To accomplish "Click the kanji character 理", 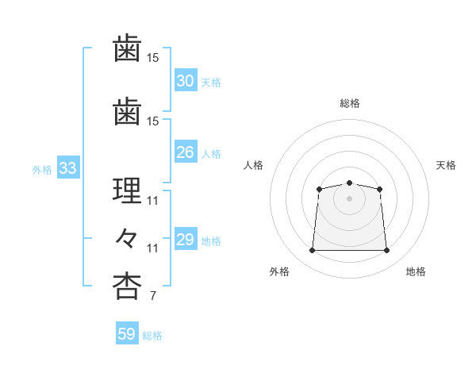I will pos(127,191).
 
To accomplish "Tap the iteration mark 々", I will pos(127,238).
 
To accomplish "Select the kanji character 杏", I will pos(127,286).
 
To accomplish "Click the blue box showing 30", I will pos(185,81).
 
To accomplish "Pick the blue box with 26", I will pos(185,153).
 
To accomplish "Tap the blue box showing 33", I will pos(67,168).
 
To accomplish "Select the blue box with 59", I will pos(126,334).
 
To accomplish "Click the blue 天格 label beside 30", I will pos(211,82).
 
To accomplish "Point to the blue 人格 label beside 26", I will pos(211,154).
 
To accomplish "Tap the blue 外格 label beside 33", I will pos(41,169).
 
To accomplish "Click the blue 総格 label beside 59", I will pos(152,335).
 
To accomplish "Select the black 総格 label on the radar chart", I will pos(349,103).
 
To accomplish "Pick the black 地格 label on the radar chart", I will pos(416,272).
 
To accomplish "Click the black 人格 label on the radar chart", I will pos(253,165).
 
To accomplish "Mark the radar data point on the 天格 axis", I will pos(379,189).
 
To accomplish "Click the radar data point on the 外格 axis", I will pos(312,251).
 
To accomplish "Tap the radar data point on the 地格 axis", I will pos(386,251).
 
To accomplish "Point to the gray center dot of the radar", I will pos(349,198).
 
